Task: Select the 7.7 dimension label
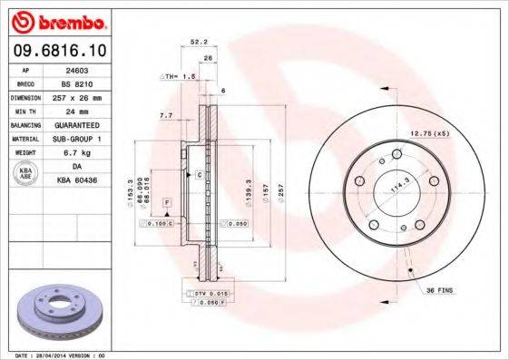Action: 165,116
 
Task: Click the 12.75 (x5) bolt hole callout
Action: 429,133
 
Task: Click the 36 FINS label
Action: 439,289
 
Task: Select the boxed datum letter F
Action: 167,200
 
